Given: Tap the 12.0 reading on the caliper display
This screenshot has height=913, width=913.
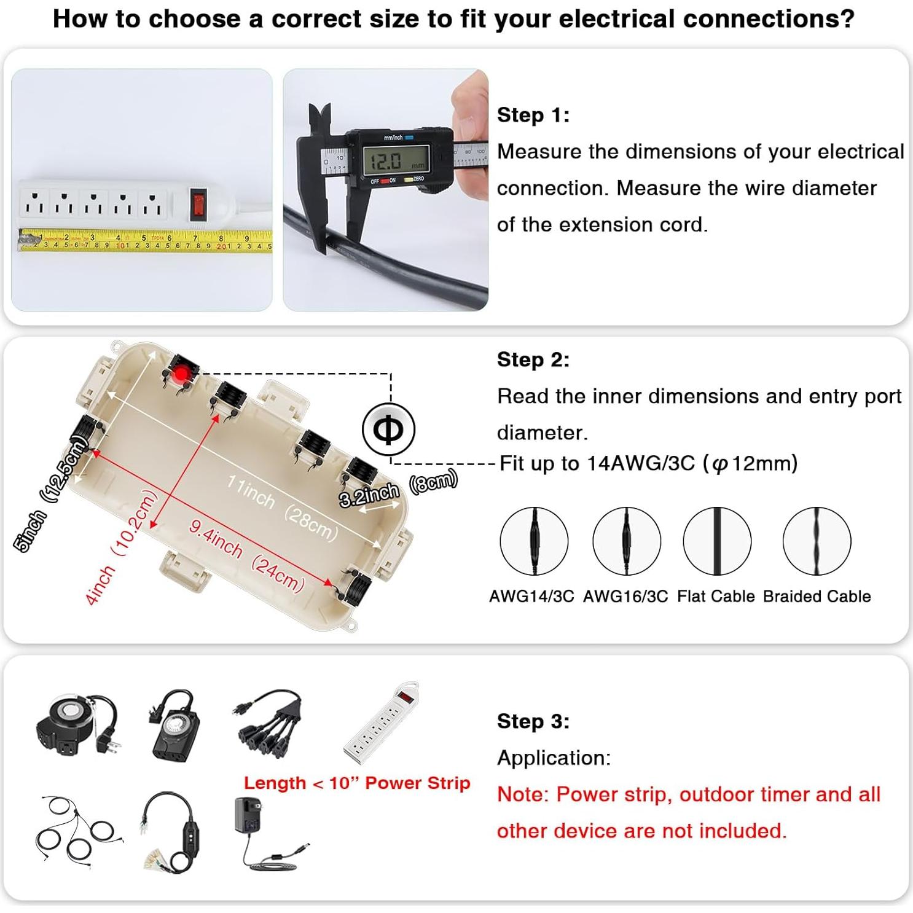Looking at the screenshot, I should click(x=385, y=162).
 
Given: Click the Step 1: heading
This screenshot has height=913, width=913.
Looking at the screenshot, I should click(x=533, y=115).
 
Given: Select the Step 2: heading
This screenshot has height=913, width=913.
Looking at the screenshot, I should click(x=533, y=359).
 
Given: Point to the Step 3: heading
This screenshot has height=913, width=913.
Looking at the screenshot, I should click(x=533, y=721).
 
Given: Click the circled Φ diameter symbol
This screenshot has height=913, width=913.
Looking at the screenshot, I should click(x=388, y=429).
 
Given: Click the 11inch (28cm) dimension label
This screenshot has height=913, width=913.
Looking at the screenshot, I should click(x=282, y=507).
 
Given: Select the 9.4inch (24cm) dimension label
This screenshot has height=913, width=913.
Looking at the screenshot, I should click(x=246, y=555).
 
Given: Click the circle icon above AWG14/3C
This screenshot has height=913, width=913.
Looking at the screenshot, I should click(x=533, y=541).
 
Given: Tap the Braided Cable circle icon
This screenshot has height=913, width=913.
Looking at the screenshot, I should click(x=817, y=541).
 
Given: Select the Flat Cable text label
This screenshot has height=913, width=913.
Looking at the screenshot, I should click(x=716, y=596).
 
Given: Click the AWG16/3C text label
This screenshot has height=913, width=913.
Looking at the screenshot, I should click(x=625, y=596).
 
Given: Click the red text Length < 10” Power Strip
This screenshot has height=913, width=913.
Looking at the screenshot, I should click(x=357, y=783).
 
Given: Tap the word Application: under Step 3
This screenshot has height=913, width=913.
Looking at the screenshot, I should click(x=554, y=758).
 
